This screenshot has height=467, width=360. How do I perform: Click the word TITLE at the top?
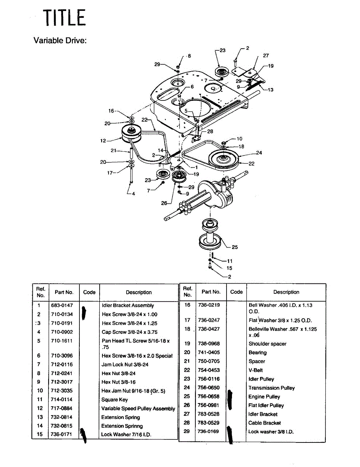tap(64, 18)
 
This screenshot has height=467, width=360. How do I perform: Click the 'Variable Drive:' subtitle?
tap(60, 41)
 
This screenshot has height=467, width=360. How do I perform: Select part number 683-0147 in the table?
tap(62, 305)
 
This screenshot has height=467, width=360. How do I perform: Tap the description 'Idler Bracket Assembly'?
tap(128, 305)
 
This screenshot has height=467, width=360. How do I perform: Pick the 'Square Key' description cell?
tap(114, 400)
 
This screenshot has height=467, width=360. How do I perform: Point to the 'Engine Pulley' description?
tap(264, 397)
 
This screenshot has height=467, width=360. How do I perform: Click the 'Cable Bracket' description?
tap(265, 423)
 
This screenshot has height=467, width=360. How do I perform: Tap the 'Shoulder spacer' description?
tap(267, 344)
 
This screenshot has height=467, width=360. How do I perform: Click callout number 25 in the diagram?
tap(235, 247)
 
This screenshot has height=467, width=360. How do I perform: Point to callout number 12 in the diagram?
tap(104, 140)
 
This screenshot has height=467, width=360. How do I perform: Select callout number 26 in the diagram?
tap(164, 203)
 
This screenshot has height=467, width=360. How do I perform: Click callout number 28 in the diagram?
tap(210, 132)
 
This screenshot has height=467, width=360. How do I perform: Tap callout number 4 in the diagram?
tap(133, 193)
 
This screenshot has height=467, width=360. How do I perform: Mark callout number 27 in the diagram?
tap(266, 56)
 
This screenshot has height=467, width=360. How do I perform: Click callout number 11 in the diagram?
tap(230, 261)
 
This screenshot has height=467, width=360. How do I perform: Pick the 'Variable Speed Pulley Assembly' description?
tap(138, 409)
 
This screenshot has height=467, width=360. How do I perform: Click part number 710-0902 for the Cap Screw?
tap(62, 332)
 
